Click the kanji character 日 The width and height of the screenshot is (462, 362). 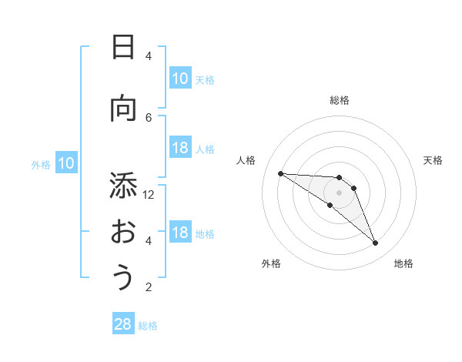tap(122, 48)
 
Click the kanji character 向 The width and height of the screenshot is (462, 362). tap(122, 109)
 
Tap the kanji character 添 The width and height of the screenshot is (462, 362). tap(122, 186)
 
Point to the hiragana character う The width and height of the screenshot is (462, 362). tap(123, 278)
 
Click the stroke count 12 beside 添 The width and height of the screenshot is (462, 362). tap(149, 194)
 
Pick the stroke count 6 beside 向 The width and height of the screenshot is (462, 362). tap(149, 117)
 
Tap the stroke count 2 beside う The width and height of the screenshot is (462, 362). tap(149, 287)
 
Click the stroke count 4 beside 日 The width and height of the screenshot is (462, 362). tap(149, 56)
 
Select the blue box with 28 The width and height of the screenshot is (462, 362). tap(123, 324)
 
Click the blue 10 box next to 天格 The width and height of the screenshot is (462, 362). tap(180, 79)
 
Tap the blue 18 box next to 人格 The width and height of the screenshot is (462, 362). tap(180, 148)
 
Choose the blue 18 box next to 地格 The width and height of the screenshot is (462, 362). tap(180, 233)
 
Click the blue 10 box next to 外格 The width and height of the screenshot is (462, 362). tap(65, 163)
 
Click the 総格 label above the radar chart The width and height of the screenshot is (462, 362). tap(340, 100)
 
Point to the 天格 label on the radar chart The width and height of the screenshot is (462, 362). tap(434, 160)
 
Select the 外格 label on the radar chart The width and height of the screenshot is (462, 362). tap(271, 263)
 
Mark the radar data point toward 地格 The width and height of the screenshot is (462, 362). tap(376, 243)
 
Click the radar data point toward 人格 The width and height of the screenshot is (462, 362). tap(280, 173)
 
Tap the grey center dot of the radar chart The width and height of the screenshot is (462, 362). tap(340, 193)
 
